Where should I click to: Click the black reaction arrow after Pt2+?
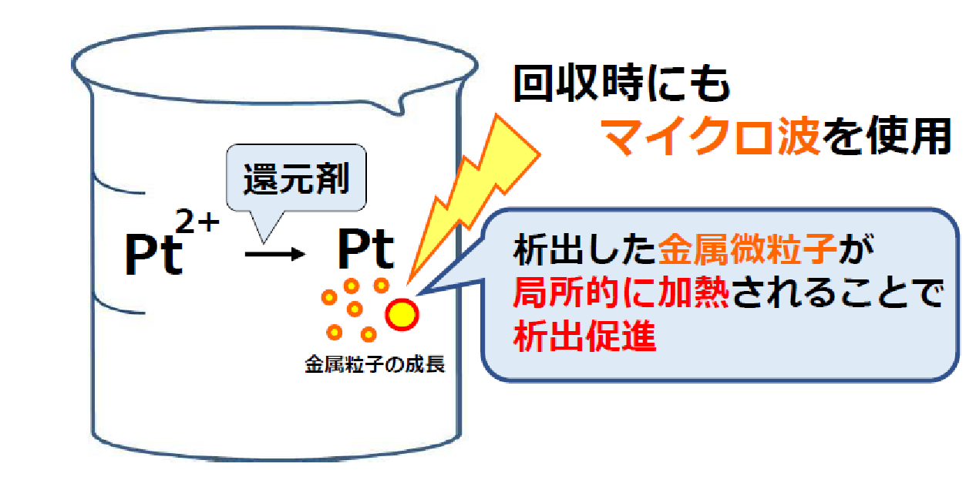point(275,254)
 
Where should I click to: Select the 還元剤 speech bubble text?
point(296,178)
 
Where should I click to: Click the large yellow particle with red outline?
point(402,314)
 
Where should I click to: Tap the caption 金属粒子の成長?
point(375,365)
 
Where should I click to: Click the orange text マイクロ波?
point(710,136)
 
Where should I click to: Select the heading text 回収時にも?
point(622,84)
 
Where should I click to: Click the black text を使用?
point(887,136)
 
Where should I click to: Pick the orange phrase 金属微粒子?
point(747,249)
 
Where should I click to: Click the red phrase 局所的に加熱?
point(621,293)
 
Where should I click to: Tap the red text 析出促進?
point(584,335)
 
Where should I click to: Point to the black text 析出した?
point(585,249)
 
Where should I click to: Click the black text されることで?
point(837,293)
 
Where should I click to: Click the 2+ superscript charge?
point(197,221)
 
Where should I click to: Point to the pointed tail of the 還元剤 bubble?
point(263,242)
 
